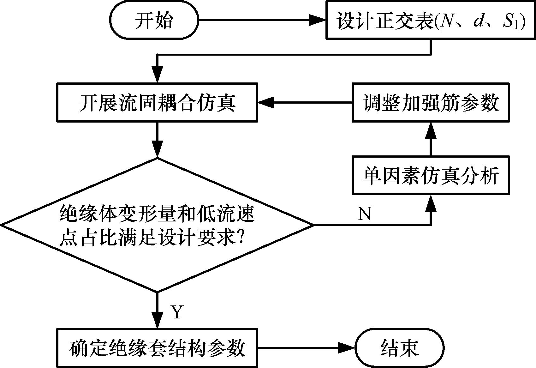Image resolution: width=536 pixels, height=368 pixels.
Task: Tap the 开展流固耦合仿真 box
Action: tap(157, 102)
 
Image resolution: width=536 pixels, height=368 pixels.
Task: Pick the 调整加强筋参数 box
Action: tap(431, 102)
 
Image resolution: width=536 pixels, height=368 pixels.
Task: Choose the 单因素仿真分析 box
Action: tap(431, 175)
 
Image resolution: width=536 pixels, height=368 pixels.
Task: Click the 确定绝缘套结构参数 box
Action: tap(157, 347)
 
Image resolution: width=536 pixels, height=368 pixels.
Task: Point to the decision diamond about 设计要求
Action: tap(157, 225)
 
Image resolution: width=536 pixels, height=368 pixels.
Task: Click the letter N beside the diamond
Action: tap(365, 214)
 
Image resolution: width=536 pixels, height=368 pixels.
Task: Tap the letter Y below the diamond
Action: tap(177, 312)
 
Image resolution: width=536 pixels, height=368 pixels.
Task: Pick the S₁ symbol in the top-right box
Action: tap(510, 22)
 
